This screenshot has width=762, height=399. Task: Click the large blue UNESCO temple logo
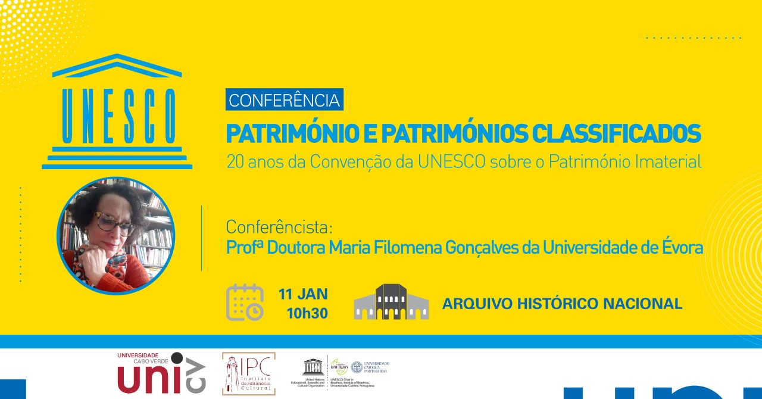click(117, 111)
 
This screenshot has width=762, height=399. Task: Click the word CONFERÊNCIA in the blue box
click(285, 100)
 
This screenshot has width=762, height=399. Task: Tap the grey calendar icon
click(245, 302)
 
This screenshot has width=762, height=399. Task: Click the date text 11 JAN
click(303, 294)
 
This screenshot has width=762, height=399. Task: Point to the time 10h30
click(307, 313)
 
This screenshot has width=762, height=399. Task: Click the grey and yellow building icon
click(391, 302)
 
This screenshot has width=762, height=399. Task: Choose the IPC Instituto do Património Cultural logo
click(249, 373)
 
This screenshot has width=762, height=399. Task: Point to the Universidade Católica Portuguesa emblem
click(357, 367)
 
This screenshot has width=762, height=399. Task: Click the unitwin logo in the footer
click(339, 367)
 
